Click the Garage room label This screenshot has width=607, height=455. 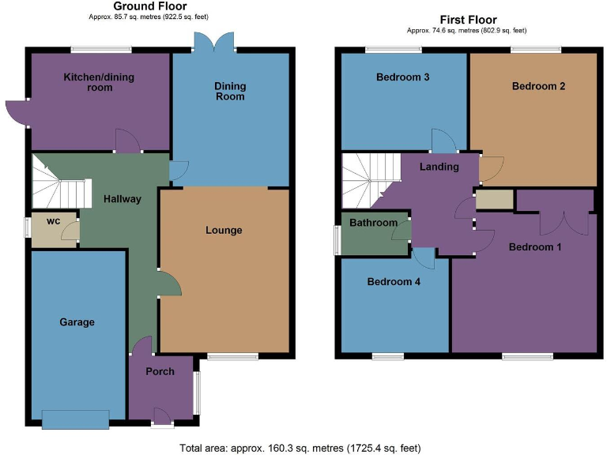coord(77,322)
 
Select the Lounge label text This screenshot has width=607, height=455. coord(224,231)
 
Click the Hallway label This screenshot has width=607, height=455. coord(123,199)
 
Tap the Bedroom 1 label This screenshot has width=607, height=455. coord(535,247)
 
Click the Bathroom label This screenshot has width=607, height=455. coord(374,223)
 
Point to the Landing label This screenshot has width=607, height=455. coord(439,167)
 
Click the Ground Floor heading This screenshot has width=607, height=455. coord(150,6)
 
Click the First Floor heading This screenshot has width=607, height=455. coord(467,20)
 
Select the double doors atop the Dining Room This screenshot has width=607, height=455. coord(213,42)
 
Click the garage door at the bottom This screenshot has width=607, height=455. coord(76,419)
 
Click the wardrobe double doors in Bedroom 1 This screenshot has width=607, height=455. coord(554,222)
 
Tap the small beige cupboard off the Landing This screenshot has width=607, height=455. coord(495,199)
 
